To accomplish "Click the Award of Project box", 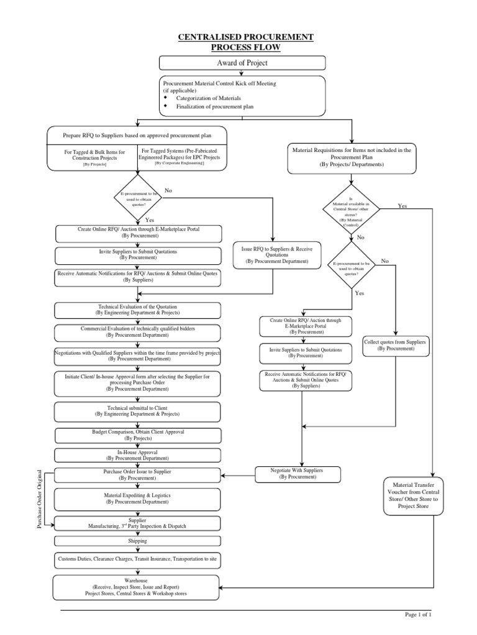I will pyautogui.click(x=242, y=63).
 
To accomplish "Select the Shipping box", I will pyautogui.click(x=138, y=541).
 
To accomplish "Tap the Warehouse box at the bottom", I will pyautogui.click(x=138, y=587).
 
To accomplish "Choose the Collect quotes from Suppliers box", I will pyautogui.click(x=396, y=345).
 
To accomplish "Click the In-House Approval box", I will pyautogui.click(x=138, y=455).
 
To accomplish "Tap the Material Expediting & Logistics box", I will pyautogui.click(x=138, y=499).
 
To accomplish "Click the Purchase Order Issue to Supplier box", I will pyautogui.click(x=138, y=474).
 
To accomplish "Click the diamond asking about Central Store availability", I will pyautogui.click(x=351, y=211).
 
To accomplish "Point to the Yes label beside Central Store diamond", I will pyautogui.click(x=402, y=205).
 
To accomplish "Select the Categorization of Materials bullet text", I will pyautogui.click(x=211, y=97).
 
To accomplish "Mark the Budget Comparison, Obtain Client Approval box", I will pyautogui.click(x=138, y=434).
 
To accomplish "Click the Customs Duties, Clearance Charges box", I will pyautogui.click(x=138, y=559).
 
